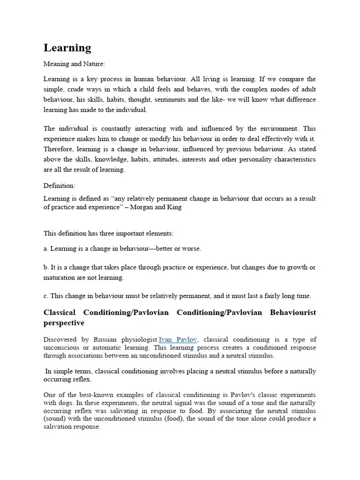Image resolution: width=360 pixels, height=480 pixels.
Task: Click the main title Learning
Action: point(67,48)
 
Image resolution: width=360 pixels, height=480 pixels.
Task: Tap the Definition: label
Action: point(59,186)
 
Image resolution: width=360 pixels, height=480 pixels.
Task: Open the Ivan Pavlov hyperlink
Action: point(179,339)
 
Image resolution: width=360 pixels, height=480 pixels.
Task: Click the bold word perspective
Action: point(64,323)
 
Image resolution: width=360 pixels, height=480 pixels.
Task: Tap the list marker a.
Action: point(45,248)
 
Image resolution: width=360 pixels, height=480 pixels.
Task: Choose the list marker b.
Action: point(45,267)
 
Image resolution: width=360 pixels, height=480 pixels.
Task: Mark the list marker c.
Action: point(45,296)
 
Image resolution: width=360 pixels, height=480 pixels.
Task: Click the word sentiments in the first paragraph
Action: point(183,99)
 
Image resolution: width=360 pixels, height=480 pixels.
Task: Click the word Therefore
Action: point(59,149)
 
